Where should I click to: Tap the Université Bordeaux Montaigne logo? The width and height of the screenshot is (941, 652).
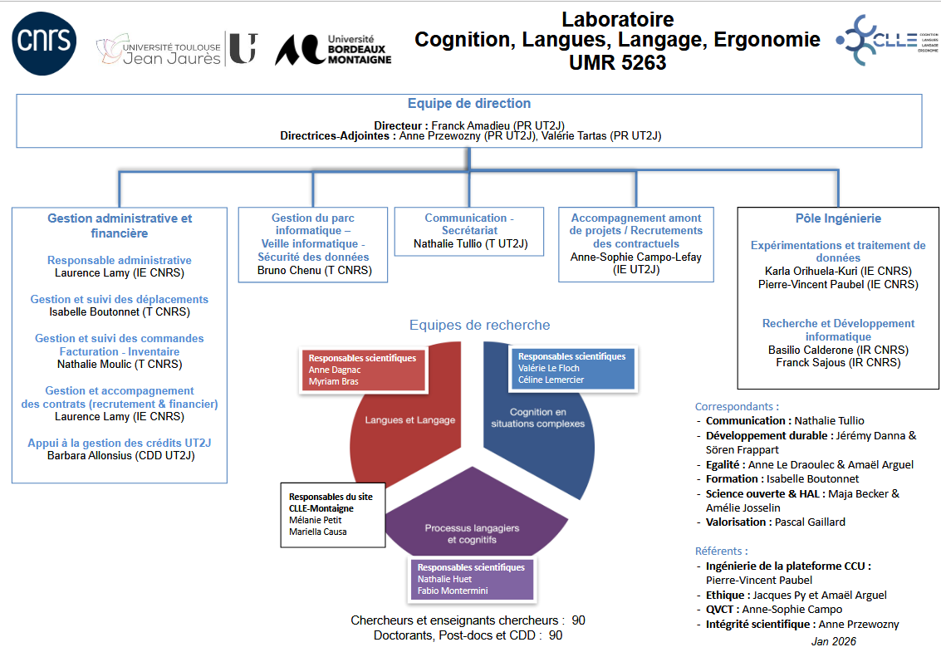click(333, 49)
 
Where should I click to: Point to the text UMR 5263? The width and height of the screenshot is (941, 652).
click(617, 62)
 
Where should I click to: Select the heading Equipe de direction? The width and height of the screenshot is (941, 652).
click(469, 104)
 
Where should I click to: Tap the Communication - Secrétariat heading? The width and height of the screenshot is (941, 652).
click(469, 224)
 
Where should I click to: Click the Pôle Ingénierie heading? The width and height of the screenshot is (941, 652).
click(837, 218)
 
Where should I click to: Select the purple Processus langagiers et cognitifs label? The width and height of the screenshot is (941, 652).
click(472, 533)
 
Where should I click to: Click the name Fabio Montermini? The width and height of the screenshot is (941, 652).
click(453, 591)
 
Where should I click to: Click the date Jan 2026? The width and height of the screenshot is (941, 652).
click(833, 641)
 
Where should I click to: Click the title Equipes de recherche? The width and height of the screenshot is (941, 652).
click(479, 325)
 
